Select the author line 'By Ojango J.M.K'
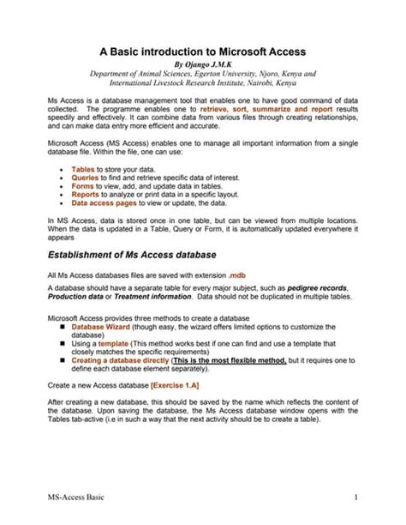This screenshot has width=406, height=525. (x=203, y=64)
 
